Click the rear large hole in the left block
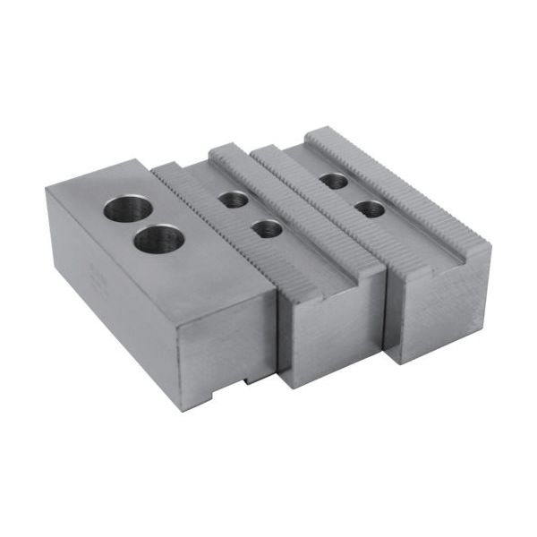(x=127, y=211)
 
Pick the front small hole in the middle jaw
(x=266, y=229)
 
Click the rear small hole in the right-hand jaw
(x=334, y=181)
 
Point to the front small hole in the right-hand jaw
(x=369, y=209)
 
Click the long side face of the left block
(x=107, y=277)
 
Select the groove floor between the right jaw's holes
(x=352, y=195)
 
